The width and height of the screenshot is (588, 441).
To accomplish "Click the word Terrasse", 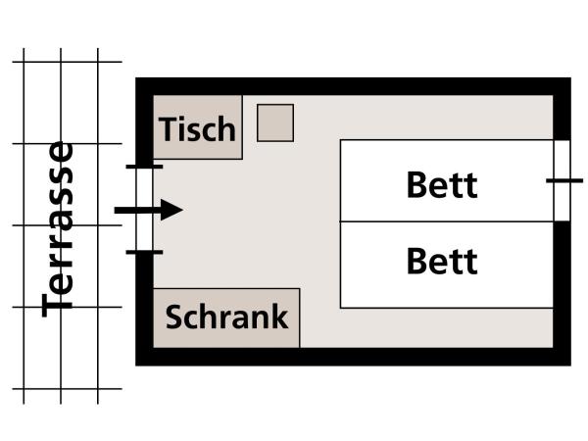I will (x=59, y=227).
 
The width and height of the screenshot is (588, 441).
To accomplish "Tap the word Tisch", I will (x=198, y=129).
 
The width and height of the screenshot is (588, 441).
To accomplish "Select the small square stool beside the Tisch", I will (x=275, y=122).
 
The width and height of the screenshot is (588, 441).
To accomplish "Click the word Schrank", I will (x=226, y=318).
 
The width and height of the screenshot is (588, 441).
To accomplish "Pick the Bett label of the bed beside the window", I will (x=442, y=184).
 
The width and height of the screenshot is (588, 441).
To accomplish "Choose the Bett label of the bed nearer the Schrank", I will (x=442, y=262).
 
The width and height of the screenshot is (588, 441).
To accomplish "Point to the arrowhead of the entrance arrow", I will (x=171, y=210).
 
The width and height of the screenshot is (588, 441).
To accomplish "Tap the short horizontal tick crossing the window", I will (x=563, y=180).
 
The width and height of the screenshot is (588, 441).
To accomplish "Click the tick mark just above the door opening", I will (x=144, y=168).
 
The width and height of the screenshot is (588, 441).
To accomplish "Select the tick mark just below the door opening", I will (x=144, y=252).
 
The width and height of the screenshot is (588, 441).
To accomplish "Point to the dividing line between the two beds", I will (x=446, y=222).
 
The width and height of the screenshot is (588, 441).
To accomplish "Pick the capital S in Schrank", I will (x=175, y=318).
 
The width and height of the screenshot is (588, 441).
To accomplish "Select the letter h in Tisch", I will (x=226, y=128).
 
